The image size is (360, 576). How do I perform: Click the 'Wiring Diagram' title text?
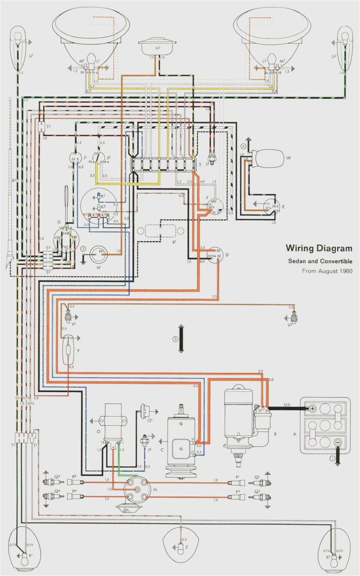[x=319, y=248]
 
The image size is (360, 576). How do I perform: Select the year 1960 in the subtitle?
[x=345, y=271]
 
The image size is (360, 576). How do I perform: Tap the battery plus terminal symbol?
[x=312, y=409]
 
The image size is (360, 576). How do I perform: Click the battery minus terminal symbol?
[x=337, y=443]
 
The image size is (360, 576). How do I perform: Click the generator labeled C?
[x=180, y=443]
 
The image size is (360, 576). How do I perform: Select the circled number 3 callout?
[x=176, y=339]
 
